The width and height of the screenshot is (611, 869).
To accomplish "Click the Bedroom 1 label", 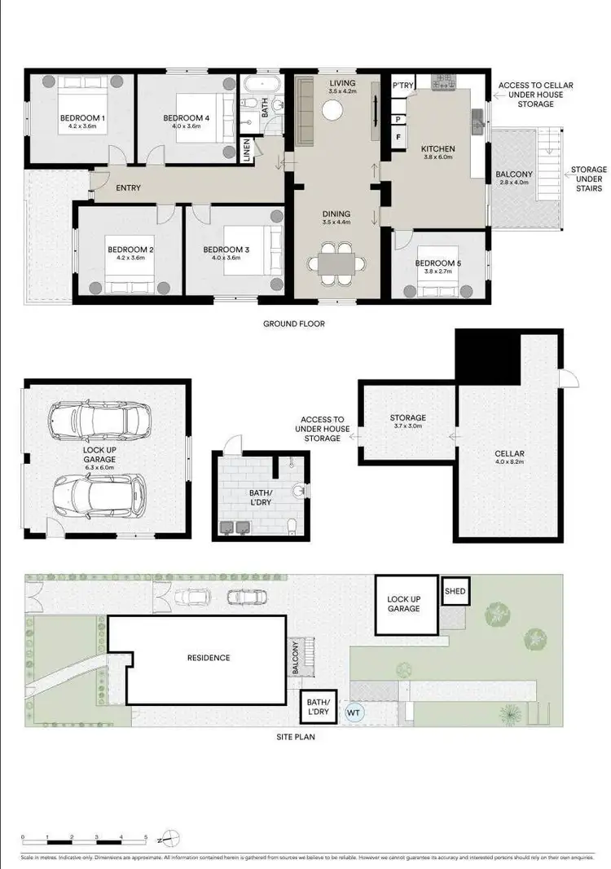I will (81, 122).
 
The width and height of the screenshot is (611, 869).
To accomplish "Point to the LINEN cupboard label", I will (247, 151).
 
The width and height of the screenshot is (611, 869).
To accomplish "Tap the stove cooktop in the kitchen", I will (445, 83).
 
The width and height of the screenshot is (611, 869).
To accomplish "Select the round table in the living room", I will (334, 113).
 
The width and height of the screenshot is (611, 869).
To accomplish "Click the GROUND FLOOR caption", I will (293, 324).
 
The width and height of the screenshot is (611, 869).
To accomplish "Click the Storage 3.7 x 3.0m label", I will (407, 422).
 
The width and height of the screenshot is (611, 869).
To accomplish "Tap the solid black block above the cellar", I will (487, 357).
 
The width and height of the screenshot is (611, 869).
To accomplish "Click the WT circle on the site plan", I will (354, 712).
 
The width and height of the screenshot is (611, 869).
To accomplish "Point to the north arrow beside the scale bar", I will (167, 838).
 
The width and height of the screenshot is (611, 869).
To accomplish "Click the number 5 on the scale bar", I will (146, 838).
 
